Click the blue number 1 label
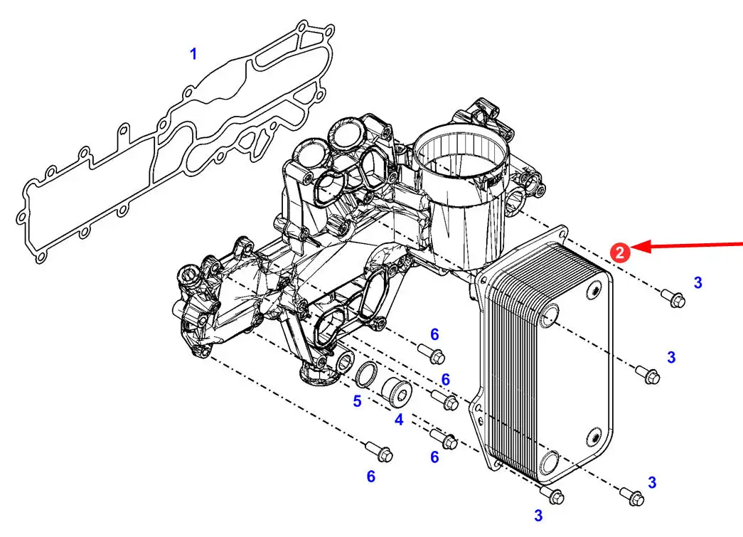click(x=193, y=54)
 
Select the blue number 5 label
click(x=357, y=401)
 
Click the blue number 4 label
click(x=399, y=420)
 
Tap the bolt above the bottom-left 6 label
click(x=379, y=452)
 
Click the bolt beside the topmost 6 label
click(x=432, y=354)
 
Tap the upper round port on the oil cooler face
click(x=549, y=316)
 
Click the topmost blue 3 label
click(x=697, y=283)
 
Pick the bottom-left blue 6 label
click(x=371, y=477)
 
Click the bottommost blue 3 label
click(x=538, y=515)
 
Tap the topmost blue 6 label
click(x=434, y=334)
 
